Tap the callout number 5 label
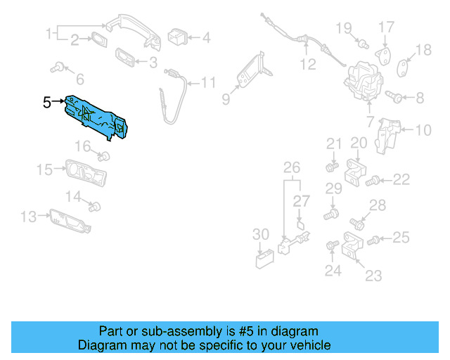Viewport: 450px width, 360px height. (x=47, y=103)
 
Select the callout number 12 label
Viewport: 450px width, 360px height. (x=308, y=65)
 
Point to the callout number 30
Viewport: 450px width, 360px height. (x=260, y=234)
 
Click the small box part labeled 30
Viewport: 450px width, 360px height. (x=264, y=259)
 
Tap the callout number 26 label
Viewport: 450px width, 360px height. (x=291, y=167)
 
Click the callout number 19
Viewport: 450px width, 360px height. (x=343, y=28)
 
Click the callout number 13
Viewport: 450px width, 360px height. (x=27, y=217)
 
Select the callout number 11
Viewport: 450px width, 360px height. (x=208, y=83)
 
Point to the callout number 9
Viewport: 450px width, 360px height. (x=226, y=99)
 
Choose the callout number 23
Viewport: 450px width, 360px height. (x=374, y=276)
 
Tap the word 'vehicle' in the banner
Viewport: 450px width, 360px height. (x=309, y=346)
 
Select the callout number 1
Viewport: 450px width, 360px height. (x=51, y=33)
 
